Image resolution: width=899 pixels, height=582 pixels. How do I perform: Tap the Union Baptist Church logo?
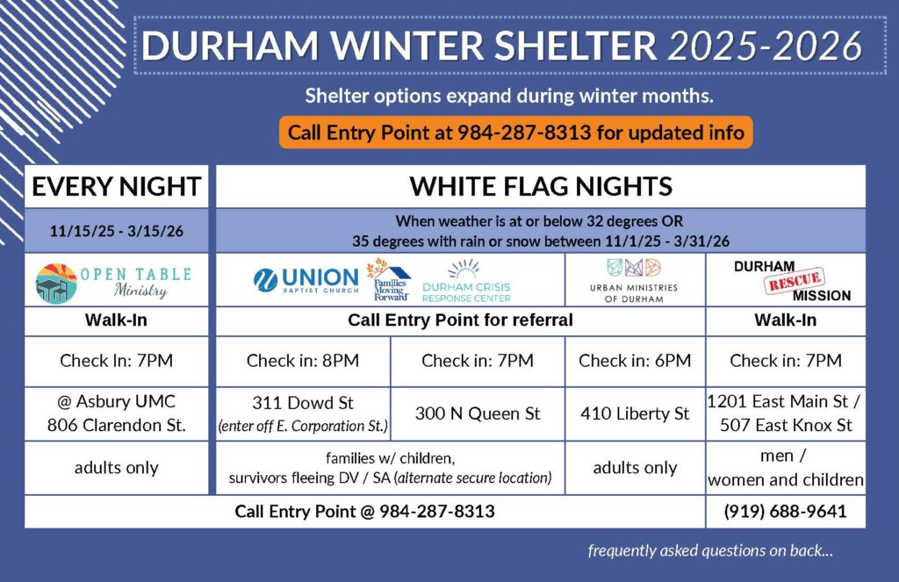[x=306, y=279]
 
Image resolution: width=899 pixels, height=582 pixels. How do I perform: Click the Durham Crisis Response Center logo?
[x=465, y=281]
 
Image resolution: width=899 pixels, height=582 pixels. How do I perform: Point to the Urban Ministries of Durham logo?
[x=635, y=281]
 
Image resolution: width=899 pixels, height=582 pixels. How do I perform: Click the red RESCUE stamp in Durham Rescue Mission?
[x=795, y=282]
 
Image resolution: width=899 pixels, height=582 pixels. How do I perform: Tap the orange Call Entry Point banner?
[x=516, y=133]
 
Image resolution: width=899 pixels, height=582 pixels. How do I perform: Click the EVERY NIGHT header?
[x=116, y=187]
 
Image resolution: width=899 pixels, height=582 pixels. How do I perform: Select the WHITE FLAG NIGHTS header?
[x=540, y=187]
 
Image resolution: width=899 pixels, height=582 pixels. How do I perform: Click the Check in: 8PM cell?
[x=302, y=361]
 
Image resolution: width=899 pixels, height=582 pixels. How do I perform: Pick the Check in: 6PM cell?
[x=634, y=361]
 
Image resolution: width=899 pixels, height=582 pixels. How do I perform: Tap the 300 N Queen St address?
[x=477, y=413]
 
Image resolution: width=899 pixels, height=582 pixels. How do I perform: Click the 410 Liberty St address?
[x=634, y=413]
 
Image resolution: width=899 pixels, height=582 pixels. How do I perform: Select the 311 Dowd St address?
[x=302, y=404]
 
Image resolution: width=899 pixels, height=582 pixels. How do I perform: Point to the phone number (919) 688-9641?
[x=785, y=511]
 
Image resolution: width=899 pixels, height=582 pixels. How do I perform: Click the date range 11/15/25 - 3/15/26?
[x=116, y=234]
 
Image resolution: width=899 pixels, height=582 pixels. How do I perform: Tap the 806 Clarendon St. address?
[x=116, y=426]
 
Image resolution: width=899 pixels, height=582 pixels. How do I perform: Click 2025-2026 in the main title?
[x=764, y=47]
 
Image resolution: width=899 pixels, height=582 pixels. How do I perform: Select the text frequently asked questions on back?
[x=710, y=551]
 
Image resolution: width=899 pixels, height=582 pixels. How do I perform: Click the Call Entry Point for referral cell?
[x=460, y=320]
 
